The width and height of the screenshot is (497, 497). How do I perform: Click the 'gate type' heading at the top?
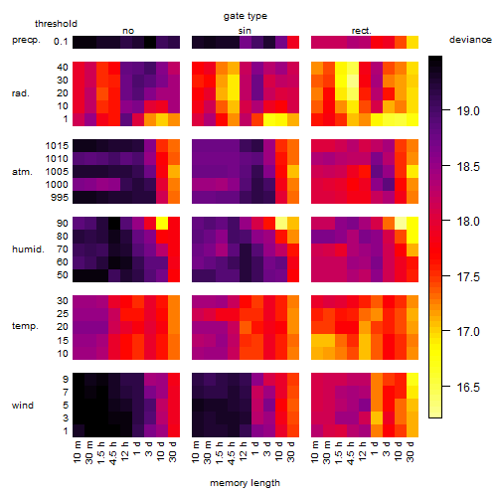click(x=246, y=16)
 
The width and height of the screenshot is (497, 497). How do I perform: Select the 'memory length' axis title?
click(x=245, y=483)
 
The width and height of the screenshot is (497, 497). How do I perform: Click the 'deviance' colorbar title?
click(x=470, y=40)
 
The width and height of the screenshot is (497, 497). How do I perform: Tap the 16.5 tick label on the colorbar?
click(x=468, y=387)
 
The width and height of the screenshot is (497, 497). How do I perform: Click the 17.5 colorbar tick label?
click(x=468, y=276)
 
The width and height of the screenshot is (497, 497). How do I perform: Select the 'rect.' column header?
click(x=361, y=31)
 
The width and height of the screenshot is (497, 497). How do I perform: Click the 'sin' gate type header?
click(x=245, y=31)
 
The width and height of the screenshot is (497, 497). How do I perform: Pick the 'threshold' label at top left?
click(x=56, y=24)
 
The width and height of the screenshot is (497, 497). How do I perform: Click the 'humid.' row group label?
click(x=28, y=249)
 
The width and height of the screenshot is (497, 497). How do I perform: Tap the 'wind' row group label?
click(x=23, y=406)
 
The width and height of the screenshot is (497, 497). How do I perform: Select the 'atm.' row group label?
click(x=22, y=172)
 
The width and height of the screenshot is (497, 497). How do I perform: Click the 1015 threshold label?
click(x=57, y=146)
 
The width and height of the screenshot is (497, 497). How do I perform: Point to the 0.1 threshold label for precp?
click(x=61, y=42)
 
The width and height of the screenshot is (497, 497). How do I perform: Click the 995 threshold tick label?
click(x=60, y=198)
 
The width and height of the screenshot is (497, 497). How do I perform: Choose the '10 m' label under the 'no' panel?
click(x=78, y=452)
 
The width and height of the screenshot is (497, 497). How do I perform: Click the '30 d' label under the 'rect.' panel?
click(x=411, y=452)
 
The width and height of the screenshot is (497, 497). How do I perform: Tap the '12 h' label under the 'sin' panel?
click(x=244, y=452)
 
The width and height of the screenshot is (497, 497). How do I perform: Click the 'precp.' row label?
click(x=26, y=40)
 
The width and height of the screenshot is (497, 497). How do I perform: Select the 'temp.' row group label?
click(x=25, y=326)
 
